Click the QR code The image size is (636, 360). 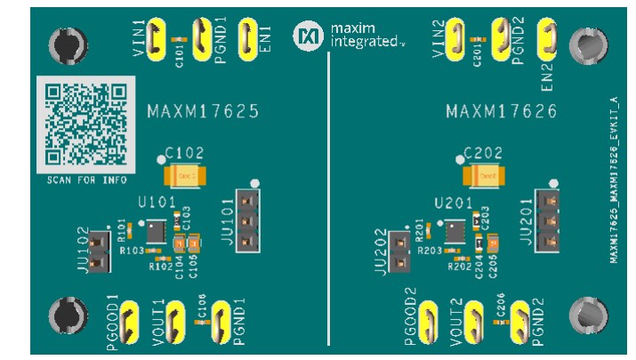click(85, 124)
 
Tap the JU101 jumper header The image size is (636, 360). click(254, 219)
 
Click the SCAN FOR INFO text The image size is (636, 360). click(85, 180)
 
